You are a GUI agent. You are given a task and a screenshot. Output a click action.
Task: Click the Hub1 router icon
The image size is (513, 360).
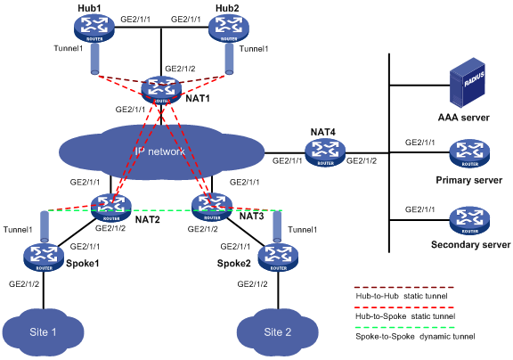[94, 28]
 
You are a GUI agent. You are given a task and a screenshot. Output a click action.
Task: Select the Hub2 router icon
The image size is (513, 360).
[229, 28]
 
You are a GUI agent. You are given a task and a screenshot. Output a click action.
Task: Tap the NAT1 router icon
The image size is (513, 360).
[161, 90]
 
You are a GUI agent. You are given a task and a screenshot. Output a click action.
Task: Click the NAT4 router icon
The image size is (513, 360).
[325, 152]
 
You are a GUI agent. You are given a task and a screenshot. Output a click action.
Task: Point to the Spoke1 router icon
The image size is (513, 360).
[45, 257]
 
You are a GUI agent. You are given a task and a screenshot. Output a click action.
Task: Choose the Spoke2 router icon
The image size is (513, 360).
[278, 257]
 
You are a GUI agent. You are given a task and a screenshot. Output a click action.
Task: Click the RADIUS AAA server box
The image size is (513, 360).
[467, 83]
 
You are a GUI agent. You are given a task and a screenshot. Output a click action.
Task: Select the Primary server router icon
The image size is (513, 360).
[469, 153]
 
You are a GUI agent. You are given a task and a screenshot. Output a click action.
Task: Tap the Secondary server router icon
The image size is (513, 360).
[469, 220]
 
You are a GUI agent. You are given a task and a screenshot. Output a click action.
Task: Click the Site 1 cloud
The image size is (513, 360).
[43, 332]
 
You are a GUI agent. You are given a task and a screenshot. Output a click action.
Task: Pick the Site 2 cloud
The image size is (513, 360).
[278, 332]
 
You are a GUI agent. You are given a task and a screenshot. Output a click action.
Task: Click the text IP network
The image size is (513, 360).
[159, 151]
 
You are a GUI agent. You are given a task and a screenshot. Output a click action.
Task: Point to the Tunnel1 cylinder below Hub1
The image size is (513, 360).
[95, 59]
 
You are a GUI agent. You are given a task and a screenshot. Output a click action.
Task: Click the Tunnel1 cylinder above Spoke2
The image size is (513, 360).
[277, 226]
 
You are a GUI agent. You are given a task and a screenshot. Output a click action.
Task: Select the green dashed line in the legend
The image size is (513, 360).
[405, 327]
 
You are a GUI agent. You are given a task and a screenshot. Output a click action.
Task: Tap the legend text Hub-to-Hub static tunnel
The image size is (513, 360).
[402, 296]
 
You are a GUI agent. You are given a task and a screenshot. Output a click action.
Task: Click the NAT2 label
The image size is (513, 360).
[148, 219]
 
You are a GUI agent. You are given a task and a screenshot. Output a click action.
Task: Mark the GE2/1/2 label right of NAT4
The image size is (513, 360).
[362, 160]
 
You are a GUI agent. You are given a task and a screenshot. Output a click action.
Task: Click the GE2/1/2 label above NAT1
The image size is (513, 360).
[180, 69]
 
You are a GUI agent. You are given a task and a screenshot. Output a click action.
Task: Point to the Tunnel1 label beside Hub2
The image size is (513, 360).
[254, 49]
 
